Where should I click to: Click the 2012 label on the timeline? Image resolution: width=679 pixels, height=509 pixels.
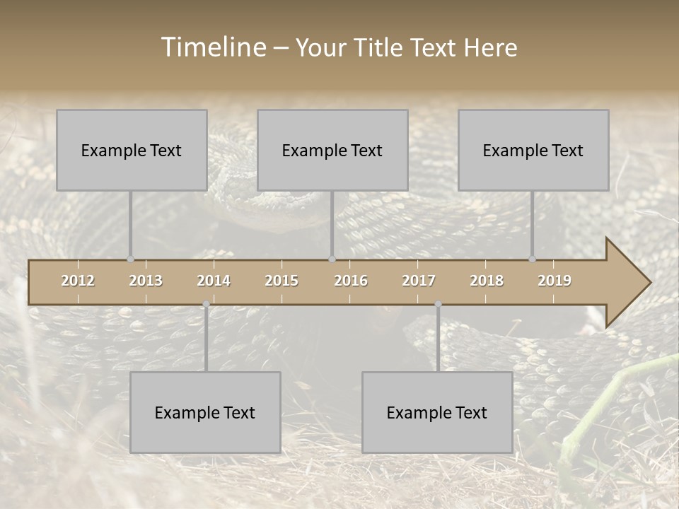coord(78,281)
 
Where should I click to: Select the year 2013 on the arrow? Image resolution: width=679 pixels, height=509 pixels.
coord(146,281)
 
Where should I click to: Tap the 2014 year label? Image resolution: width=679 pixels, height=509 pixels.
coord(214,281)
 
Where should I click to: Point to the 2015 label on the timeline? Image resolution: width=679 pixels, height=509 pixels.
coord(282,281)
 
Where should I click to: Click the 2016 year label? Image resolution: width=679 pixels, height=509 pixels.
coord(351,281)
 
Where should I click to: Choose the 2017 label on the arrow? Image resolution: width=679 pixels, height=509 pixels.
coord(419,281)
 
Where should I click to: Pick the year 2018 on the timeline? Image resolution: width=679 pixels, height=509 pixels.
coord(487,281)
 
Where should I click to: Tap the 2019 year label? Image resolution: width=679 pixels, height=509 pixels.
coord(555,281)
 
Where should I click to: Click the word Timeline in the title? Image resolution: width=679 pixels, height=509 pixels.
coord(213,47)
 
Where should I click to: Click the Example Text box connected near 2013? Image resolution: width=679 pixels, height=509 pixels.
coord(132,150)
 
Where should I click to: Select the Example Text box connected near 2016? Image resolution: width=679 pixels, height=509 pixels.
coord(332,150)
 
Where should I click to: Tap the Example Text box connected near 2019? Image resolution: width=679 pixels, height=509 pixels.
coord(533,150)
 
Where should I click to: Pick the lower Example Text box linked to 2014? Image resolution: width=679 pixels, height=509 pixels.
coord(205,412)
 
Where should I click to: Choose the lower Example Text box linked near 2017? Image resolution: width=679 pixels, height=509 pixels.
coord(437,412)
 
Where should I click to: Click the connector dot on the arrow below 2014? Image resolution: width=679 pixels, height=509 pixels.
coord(206,304)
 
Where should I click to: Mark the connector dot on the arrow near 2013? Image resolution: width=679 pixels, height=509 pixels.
coord(130,259)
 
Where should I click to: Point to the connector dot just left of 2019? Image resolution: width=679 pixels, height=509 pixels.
coord(532,259)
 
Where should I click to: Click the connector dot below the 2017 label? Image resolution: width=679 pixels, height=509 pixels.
coord(438,304)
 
